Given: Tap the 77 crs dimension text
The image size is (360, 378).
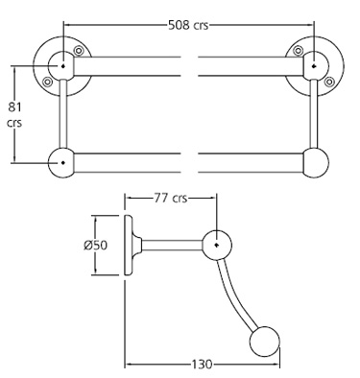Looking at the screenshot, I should click(x=169, y=200).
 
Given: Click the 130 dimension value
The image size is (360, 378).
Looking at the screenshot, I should click(x=201, y=366).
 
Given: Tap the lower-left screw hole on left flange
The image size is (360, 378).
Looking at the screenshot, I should click(x=48, y=83).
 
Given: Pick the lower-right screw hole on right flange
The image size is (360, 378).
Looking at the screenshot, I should click(x=329, y=83).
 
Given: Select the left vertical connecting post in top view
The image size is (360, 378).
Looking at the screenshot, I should click(x=63, y=115).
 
